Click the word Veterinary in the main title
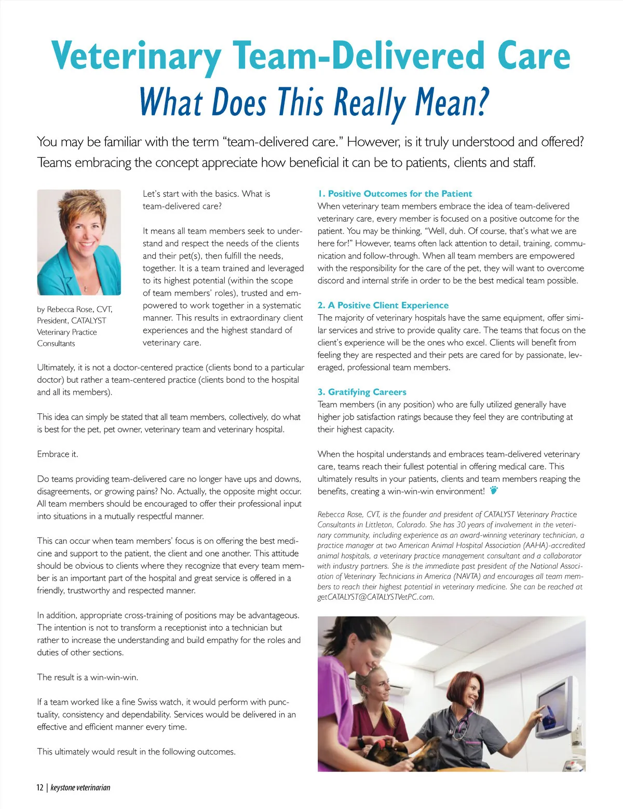(137, 56)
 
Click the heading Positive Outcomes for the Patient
(400, 194)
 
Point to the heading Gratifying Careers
(367, 392)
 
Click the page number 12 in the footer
(40, 788)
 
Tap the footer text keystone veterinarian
(80, 788)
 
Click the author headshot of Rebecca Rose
(79, 242)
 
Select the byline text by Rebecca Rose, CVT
(74, 309)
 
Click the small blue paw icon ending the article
(494, 490)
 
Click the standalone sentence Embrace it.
(58, 454)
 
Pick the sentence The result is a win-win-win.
(87, 677)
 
